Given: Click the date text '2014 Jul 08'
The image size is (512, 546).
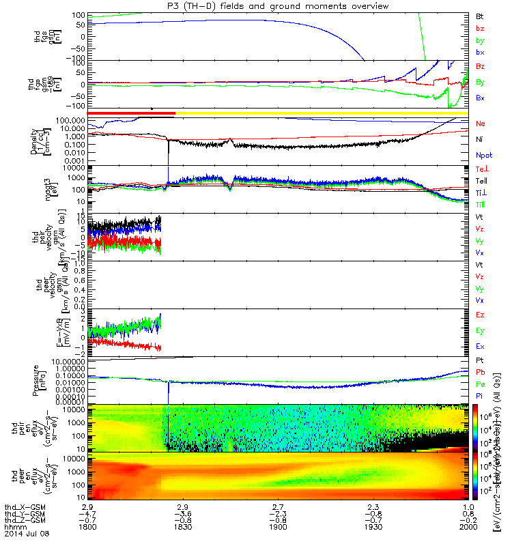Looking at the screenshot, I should (x=23, y=535).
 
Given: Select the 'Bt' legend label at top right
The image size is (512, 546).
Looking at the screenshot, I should (x=480, y=16).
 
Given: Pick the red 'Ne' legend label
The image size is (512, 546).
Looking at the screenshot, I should (x=481, y=124).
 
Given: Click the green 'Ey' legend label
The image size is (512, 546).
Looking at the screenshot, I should (x=481, y=331).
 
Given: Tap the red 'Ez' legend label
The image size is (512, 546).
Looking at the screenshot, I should (x=481, y=315).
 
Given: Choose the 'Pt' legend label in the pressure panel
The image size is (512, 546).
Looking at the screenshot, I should (x=480, y=360).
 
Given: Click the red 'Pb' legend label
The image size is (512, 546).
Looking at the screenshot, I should (x=481, y=372).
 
